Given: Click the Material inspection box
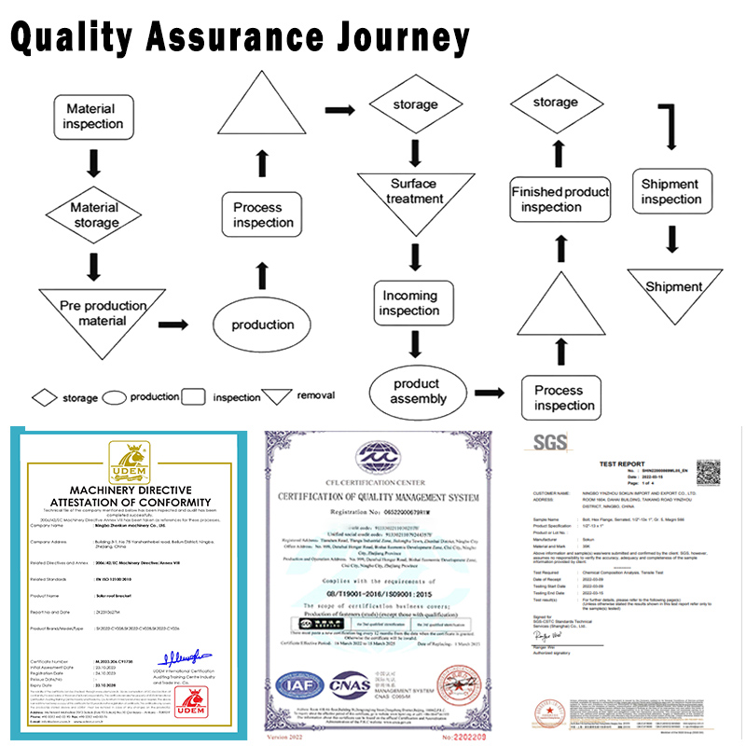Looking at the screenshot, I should pyautogui.click(x=93, y=117).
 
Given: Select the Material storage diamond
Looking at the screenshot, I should pyautogui.click(x=94, y=214).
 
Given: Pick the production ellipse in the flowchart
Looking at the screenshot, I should pyautogui.click(x=263, y=325).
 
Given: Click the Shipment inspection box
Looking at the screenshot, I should pyautogui.click(x=670, y=192).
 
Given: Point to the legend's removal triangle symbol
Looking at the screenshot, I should pyautogui.click(x=277, y=396).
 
